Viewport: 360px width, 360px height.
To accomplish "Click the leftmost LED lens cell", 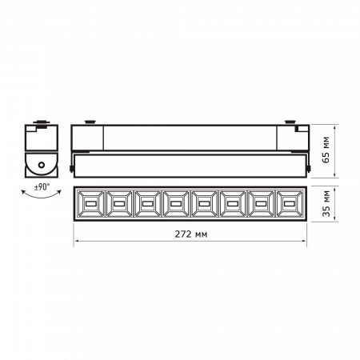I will [x=88, y=206].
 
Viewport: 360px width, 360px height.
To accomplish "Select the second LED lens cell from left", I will [x=117, y=206].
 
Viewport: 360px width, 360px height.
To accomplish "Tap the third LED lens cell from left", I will [x=146, y=206].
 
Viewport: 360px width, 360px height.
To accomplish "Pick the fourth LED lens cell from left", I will [x=174, y=206].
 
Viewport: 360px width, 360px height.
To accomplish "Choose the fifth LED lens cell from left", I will [x=203, y=206].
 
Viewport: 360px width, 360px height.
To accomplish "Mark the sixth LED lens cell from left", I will [x=232, y=206].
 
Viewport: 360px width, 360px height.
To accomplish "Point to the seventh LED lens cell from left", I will [x=260, y=206].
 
